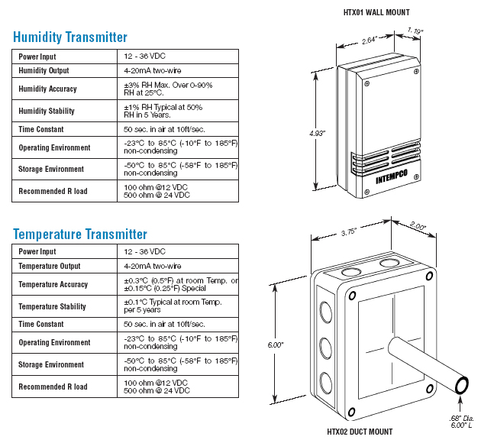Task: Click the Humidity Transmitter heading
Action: [x=70, y=37]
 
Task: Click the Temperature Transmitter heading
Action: [x=80, y=234]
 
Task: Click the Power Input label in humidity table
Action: [x=37, y=57]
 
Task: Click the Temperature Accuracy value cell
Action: [x=180, y=284]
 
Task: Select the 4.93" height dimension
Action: [x=317, y=134]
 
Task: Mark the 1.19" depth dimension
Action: [x=415, y=31]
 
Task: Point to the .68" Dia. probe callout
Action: [x=463, y=418]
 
